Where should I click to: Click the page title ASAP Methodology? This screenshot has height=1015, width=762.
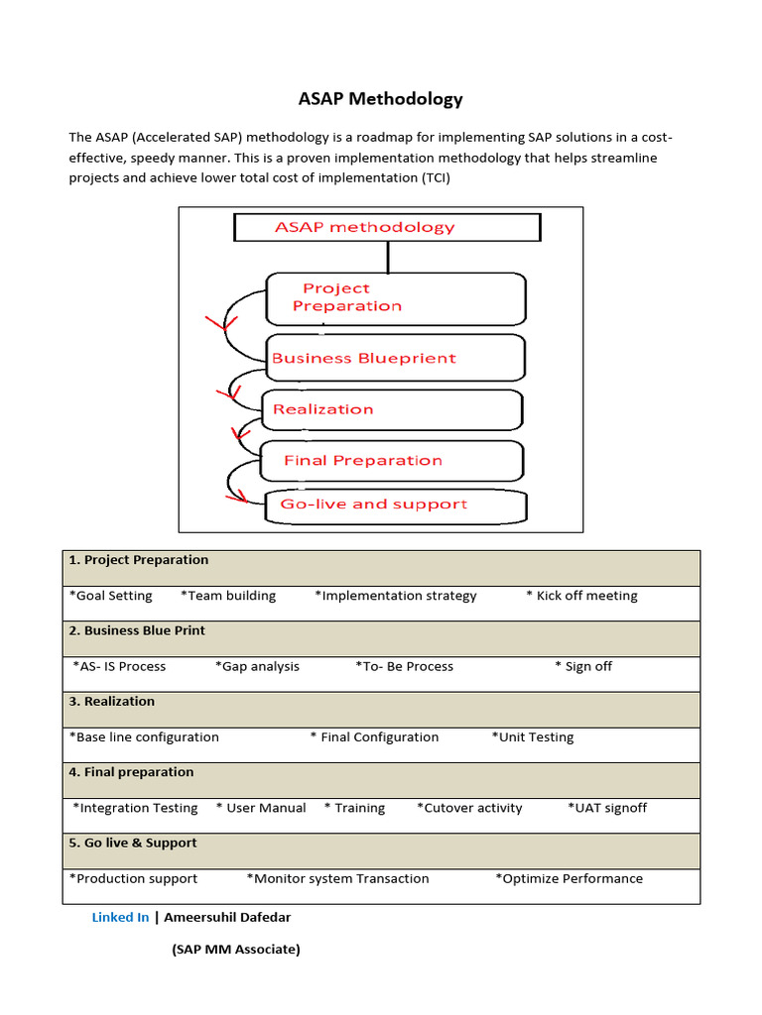click(x=381, y=99)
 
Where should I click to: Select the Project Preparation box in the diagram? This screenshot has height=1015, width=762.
click(x=395, y=297)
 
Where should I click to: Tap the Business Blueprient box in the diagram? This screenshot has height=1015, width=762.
click(x=395, y=358)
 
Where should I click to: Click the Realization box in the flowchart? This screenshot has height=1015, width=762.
click(x=391, y=409)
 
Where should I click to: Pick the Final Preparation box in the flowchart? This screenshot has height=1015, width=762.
click(x=391, y=460)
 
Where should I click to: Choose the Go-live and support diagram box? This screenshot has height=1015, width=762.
click(x=395, y=506)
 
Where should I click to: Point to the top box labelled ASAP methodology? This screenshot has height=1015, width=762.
click(x=387, y=227)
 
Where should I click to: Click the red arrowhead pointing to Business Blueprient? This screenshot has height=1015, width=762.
click(x=222, y=322)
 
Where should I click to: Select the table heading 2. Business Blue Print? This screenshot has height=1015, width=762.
click(x=137, y=630)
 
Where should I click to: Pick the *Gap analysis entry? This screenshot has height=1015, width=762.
click(x=257, y=666)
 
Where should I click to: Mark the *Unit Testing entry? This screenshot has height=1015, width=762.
click(x=532, y=737)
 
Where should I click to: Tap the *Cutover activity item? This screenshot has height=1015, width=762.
click(x=469, y=808)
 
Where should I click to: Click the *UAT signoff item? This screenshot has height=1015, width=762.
click(x=607, y=808)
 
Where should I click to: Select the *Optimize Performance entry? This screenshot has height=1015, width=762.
click(x=569, y=878)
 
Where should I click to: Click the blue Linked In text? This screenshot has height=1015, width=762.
click(x=120, y=917)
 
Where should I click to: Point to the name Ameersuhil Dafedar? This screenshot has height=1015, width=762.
click(x=227, y=917)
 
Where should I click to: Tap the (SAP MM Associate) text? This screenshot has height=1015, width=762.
click(x=235, y=950)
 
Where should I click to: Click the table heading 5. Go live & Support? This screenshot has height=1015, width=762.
click(x=133, y=843)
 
